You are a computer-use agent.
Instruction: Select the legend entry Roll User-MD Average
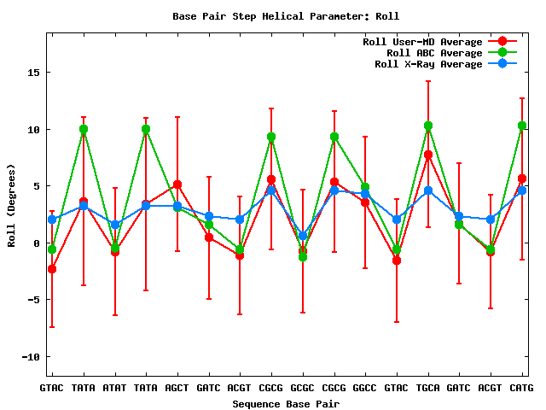point(422,42)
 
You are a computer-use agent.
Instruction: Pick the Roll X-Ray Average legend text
point(428,64)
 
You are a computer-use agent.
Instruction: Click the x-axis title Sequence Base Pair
point(286,403)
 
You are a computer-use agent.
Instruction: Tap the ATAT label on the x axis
point(114,389)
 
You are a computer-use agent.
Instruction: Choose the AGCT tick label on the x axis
point(177,389)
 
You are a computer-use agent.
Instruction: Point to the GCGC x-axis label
point(303,389)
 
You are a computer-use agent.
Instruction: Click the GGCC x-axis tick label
point(365,389)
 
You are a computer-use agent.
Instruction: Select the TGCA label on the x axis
point(428,389)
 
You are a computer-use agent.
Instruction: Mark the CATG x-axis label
point(521,389)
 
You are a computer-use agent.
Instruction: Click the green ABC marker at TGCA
point(428,126)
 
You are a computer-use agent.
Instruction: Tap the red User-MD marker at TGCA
point(428,155)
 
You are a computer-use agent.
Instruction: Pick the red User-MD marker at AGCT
point(177,184)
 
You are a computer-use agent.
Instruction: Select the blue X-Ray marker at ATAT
point(114,225)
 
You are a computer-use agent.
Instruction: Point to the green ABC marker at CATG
point(522,126)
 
